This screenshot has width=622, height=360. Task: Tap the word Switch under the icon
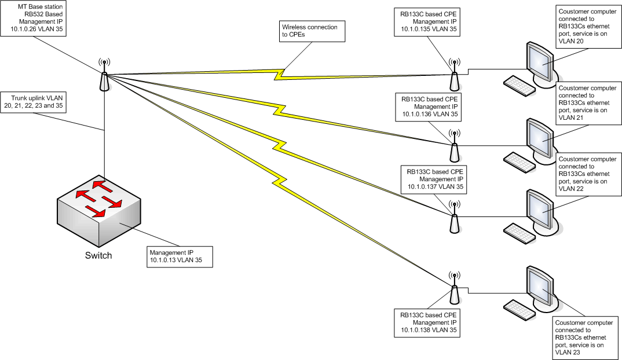(x=98, y=255)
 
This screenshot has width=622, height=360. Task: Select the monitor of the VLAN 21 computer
(x=540, y=137)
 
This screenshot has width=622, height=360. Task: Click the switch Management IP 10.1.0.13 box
(x=179, y=257)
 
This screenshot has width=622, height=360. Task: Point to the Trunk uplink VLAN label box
(x=32, y=102)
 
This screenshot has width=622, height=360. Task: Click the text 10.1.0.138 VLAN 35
(x=426, y=330)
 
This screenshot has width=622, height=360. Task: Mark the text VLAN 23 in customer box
(x=568, y=351)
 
